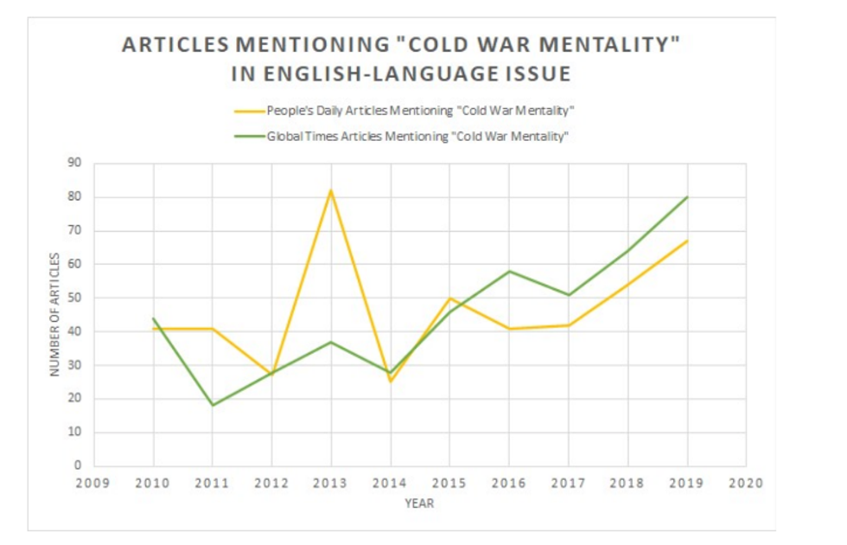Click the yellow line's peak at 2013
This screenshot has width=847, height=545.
(x=331, y=190)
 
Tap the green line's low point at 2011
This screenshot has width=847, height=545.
(x=213, y=405)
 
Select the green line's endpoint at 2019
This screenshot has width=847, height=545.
(x=687, y=197)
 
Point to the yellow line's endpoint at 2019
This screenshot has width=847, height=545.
(x=687, y=240)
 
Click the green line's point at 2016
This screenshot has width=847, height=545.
(x=509, y=271)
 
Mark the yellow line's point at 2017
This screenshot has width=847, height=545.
(x=569, y=325)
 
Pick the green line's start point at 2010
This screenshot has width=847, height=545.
(x=153, y=318)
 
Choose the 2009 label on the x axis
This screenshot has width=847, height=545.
(x=93, y=484)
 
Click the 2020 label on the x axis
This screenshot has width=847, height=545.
(x=746, y=484)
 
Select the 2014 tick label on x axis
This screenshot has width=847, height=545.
(x=390, y=484)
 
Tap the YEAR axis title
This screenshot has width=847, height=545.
(x=419, y=503)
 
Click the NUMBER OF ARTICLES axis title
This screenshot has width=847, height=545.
(x=54, y=314)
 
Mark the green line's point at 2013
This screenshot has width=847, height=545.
(x=331, y=342)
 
